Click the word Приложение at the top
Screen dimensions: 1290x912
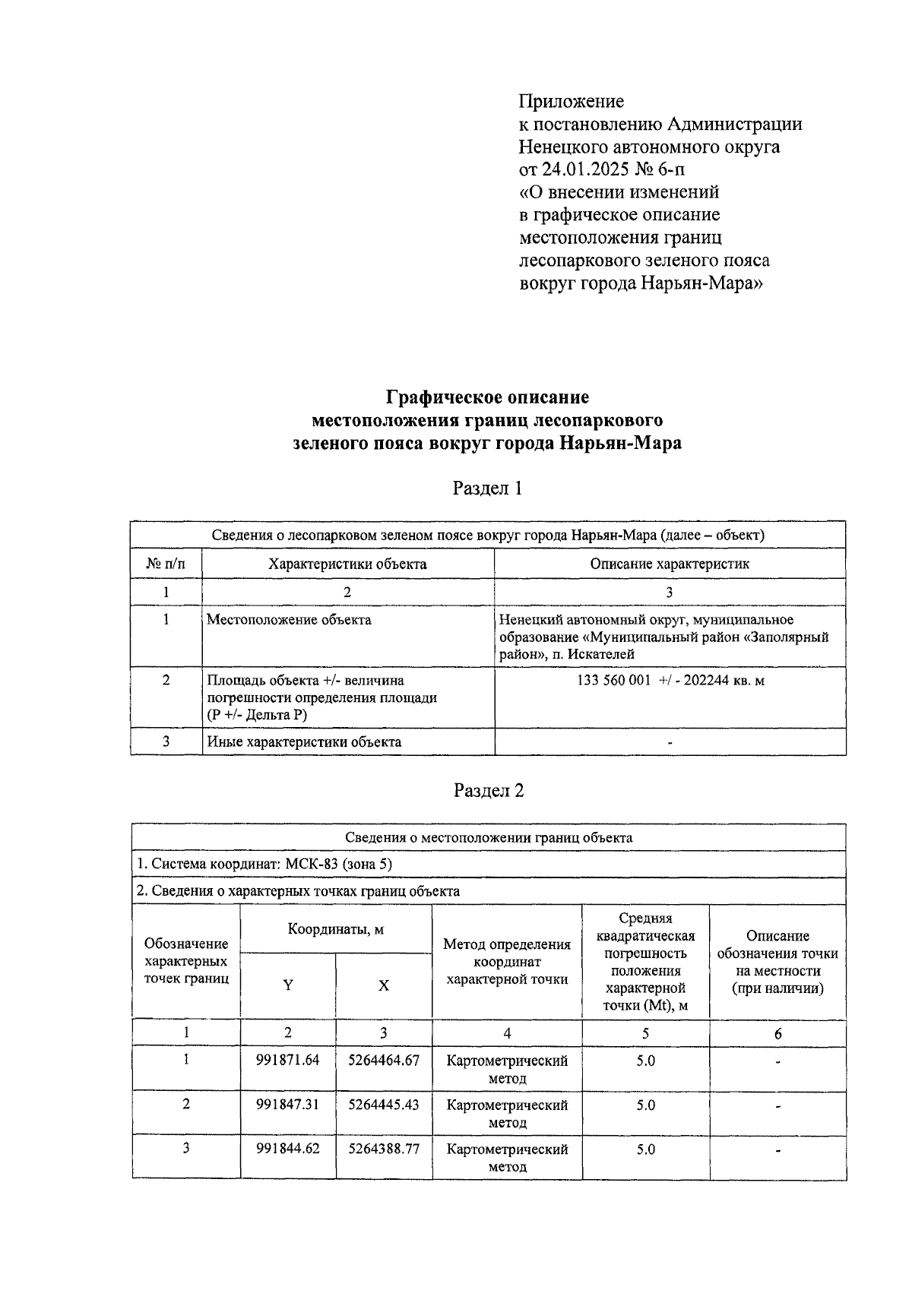[x=571, y=101]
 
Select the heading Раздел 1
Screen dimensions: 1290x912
[x=487, y=488]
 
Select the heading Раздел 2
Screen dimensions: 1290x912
[x=489, y=790]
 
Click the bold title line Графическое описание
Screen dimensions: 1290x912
[x=487, y=397]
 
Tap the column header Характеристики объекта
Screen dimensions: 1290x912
[x=347, y=564]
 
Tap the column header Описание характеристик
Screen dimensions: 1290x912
[x=669, y=564]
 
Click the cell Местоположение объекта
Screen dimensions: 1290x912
[x=289, y=620]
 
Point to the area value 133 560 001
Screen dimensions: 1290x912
[x=613, y=681]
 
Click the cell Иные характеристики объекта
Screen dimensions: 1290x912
[x=304, y=741]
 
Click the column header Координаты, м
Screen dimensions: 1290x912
[x=335, y=929]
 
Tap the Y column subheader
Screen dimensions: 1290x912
[x=288, y=985]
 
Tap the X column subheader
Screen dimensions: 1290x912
[x=384, y=985]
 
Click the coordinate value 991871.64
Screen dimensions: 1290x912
[x=288, y=1060]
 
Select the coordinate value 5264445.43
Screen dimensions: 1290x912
[x=384, y=1105]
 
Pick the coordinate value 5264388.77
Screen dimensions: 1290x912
[x=384, y=1149]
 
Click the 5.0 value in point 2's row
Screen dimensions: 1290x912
[x=645, y=1105]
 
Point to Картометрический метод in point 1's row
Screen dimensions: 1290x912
[x=507, y=1069]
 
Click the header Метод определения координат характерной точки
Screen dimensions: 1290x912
[x=507, y=962]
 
